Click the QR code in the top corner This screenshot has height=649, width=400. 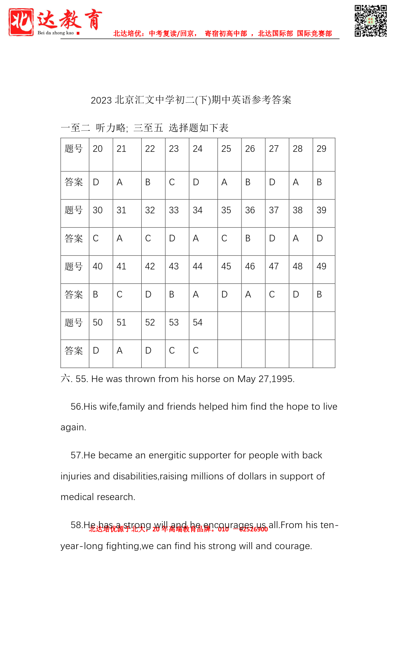click(370, 21)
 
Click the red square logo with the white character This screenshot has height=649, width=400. click(21, 22)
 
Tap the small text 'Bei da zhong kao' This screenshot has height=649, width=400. click(56, 33)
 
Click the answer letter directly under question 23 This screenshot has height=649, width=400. click(172, 182)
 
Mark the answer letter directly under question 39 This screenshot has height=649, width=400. click(320, 238)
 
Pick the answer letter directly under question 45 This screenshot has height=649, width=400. click(225, 295)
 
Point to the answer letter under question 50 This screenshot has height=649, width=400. click(96, 351)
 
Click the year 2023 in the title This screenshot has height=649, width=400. click(101, 100)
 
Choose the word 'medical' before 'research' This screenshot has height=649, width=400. click(77, 497)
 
